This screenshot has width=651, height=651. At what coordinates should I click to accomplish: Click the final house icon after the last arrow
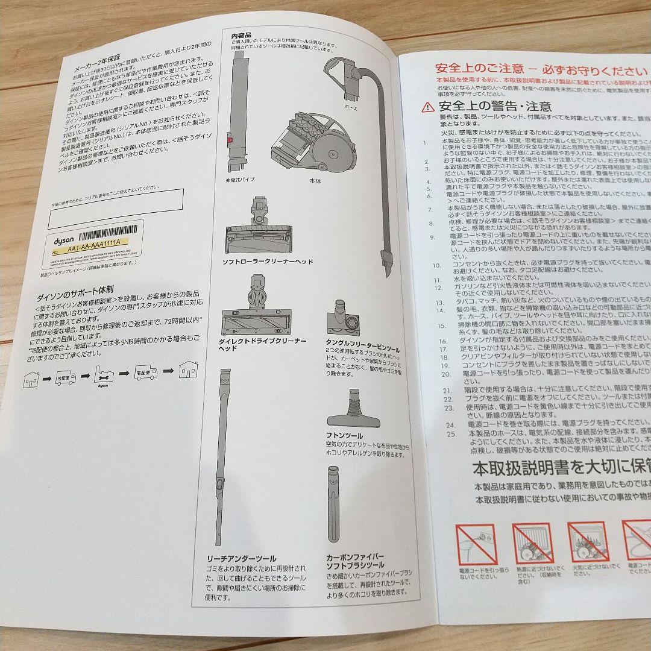coord(189,368)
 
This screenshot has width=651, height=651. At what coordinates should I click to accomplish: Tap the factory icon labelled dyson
coord(104,376)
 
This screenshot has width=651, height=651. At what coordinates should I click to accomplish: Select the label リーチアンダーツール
coord(241,559)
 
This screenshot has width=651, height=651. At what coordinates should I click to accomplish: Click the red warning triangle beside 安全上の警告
coord(427,108)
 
